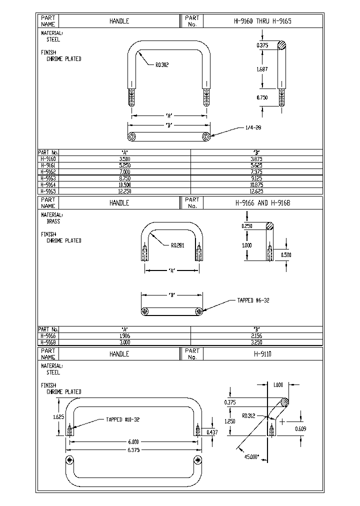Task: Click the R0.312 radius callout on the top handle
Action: (162, 64)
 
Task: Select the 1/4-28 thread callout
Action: (253, 127)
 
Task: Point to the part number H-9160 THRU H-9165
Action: (262, 21)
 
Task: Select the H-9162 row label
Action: (48, 171)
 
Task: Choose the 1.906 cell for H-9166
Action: (124, 336)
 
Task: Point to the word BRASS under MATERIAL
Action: (53, 221)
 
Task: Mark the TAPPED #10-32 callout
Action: (122, 419)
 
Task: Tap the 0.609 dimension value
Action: (300, 429)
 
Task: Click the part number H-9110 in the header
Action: (262, 353)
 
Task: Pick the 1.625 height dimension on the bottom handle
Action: (58, 416)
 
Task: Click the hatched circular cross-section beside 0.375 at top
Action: (283, 45)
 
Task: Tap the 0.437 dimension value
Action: (212, 431)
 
